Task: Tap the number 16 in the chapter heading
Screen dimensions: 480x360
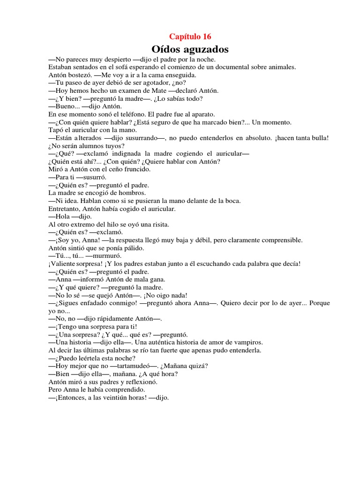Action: click(207, 37)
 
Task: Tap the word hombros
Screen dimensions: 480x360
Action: click(132, 193)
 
